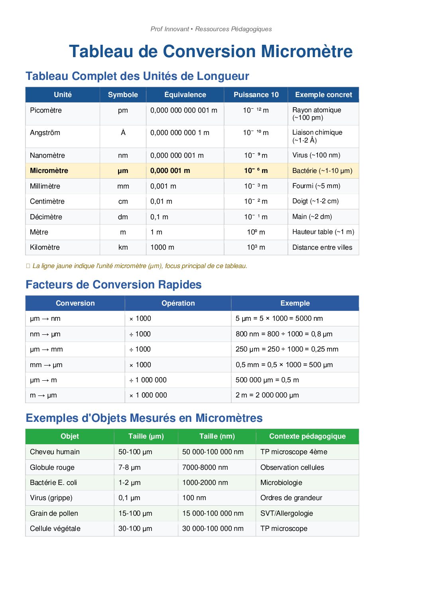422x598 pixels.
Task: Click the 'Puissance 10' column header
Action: (x=256, y=95)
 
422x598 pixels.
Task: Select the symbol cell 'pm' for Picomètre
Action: (x=123, y=110)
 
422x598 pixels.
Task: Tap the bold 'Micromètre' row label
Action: (x=49, y=171)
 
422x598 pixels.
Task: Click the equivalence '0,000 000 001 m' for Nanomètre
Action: (x=177, y=155)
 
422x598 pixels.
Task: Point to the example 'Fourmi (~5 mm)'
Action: (x=316, y=186)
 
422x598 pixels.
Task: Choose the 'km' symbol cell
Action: (x=123, y=247)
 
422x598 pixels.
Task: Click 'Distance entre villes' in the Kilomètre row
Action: (x=322, y=247)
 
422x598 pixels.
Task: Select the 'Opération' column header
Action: (x=178, y=303)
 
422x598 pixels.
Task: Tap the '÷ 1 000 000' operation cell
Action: (x=148, y=380)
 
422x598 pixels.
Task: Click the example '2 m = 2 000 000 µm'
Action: (x=267, y=395)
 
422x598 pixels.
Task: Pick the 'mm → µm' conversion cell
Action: (x=46, y=365)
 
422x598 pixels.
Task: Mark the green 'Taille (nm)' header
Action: (x=217, y=436)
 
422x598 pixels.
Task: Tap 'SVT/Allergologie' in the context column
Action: (x=287, y=513)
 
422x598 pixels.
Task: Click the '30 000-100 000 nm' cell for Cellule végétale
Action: (x=213, y=528)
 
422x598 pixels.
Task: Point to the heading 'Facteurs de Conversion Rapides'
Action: (x=114, y=284)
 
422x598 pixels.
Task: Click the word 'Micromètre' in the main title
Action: (x=307, y=52)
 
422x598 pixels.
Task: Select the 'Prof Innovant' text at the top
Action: (x=170, y=29)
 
